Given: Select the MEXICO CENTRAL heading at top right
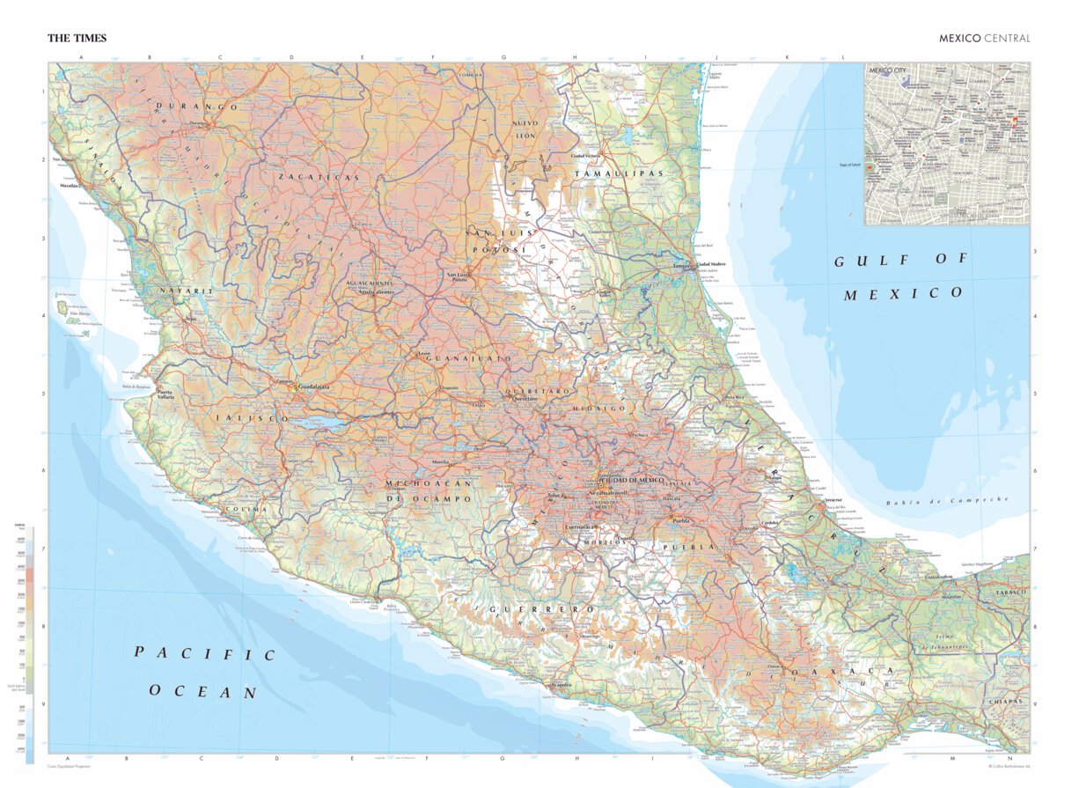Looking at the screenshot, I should (x=983, y=39).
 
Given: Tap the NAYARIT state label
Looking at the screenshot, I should (x=186, y=291).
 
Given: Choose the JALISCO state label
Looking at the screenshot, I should (x=248, y=419).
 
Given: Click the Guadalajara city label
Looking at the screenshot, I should (x=314, y=387).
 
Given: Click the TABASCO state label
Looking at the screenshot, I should (x=1010, y=593).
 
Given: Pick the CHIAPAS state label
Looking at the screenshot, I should (x=1008, y=702).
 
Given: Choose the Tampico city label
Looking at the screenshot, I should (x=682, y=265).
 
